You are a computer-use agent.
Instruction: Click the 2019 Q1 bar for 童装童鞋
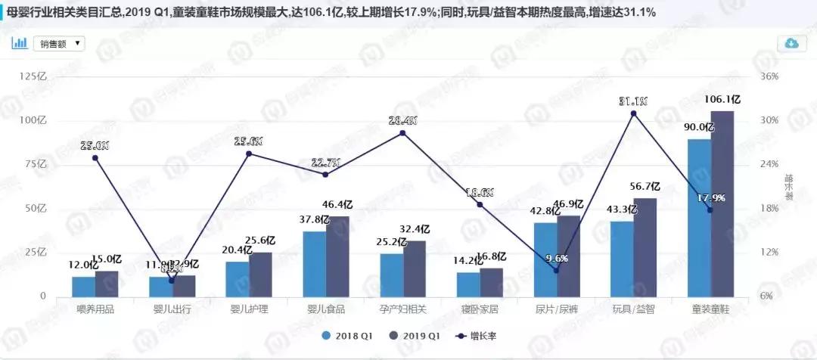click(722, 204)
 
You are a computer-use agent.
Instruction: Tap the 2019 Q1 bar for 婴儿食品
click(337, 257)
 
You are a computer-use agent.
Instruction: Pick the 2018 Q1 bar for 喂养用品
click(84, 287)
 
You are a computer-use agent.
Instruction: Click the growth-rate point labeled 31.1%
click(633, 113)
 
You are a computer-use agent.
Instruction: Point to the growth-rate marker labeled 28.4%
click(402, 133)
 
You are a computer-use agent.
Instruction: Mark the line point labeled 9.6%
click(556, 270)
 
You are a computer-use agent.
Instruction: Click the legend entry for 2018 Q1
click(349, 335)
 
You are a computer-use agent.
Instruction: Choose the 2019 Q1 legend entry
click(412, 335)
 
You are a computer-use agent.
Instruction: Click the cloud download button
click(791, 43)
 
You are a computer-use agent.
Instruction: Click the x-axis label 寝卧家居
click(480, 310)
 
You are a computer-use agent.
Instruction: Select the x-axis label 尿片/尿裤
click(557, 310)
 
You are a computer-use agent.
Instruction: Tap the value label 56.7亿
click(645, 187)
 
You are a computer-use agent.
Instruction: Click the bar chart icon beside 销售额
click(19, 43)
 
